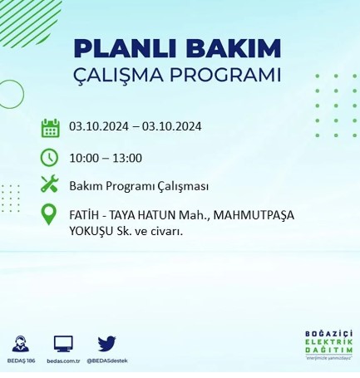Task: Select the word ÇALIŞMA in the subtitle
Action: point(125,75)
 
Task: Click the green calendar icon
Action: point(50,128)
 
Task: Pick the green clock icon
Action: point(50,157)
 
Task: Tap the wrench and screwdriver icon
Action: point(50,184)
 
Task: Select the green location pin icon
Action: point(50,215)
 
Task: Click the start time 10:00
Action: point(84,158)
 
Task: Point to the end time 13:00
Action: point(126,158)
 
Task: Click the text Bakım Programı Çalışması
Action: point(138,185)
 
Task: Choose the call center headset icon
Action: point(22,343)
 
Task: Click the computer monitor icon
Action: point(64,343)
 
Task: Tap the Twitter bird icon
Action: point(106,343)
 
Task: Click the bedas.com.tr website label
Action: point(64,361)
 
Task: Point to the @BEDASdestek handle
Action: point(108,361)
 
